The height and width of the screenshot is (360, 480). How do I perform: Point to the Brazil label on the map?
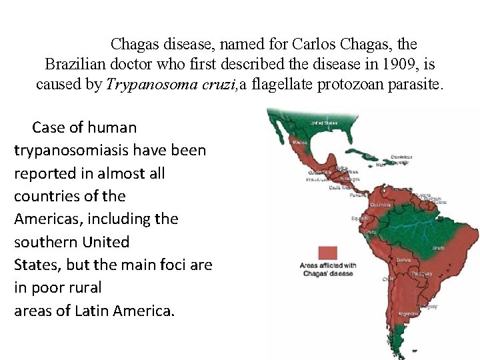click(439, 248)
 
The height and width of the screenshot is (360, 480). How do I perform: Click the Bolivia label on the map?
click(403, 259)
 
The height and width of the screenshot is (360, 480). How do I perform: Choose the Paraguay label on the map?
click(419, 273)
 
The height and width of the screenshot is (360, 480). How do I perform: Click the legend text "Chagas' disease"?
click(328, 273)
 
